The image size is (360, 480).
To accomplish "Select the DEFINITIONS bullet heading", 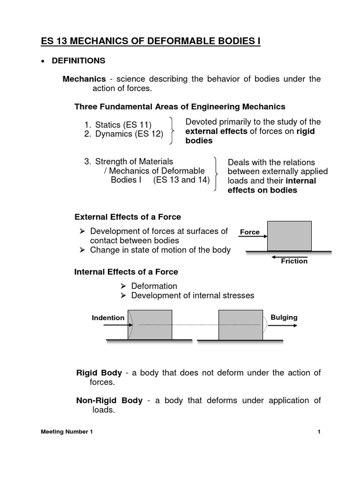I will coord(80,61).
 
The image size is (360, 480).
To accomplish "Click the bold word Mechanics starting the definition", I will coord(84,79).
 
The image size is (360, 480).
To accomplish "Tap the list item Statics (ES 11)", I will coord(117,125).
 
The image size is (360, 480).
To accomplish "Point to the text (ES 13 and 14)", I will coord(181,180).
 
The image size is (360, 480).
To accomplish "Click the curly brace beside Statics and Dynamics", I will coord(173,130).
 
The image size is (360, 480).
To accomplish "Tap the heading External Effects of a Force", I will coord(127,217).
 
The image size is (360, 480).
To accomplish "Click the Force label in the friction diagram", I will coord(249,232).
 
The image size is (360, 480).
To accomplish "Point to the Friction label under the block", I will coord(294,261).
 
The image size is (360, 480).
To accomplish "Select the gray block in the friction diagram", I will coord(289,236).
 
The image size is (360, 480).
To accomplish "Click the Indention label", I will coord(108,318).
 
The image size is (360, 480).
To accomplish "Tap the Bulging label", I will coord(284,317).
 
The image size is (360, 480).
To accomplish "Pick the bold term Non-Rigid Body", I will coord(109,400).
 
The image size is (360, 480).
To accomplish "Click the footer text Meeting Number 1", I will coord(66,432).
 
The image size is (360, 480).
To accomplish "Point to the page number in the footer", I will coord(319,432).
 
